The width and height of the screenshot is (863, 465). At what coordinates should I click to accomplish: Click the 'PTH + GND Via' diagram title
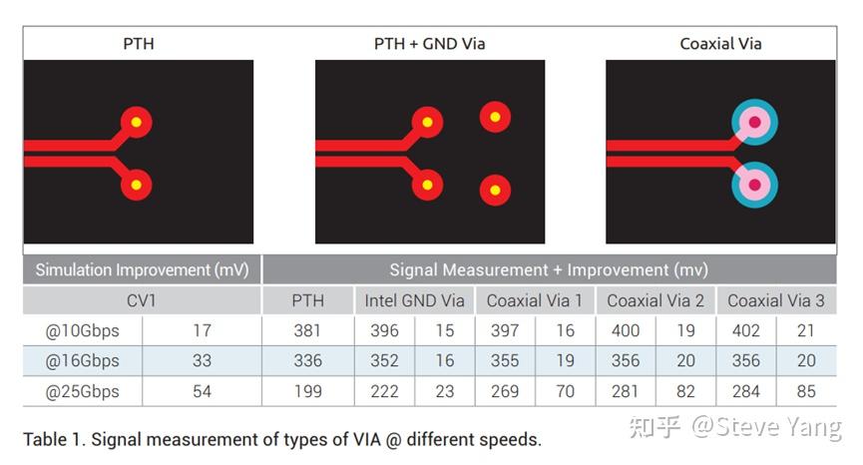coord(429,44)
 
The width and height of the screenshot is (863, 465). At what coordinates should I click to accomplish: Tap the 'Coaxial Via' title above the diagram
coord(720,44)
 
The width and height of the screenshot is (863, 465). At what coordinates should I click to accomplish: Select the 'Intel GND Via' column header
coord(414,300)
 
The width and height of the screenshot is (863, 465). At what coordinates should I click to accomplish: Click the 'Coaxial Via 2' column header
coord(654,300)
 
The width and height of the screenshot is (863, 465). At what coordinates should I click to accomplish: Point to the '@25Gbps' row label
coord(82,391)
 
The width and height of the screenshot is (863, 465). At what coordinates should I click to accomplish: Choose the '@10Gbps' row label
coord(82,330)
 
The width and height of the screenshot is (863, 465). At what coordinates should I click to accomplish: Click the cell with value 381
coord(307,330)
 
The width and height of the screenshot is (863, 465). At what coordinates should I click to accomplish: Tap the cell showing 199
coord(307,391)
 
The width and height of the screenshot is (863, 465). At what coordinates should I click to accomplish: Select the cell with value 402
coord(745,330)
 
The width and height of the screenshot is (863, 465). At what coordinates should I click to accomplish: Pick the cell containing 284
coord(745,391)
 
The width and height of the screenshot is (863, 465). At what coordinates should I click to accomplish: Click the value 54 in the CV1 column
coord(202,391)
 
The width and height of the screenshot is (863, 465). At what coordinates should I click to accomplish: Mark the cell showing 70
coord(566,391)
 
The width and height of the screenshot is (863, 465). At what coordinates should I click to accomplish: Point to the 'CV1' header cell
coord(142,300)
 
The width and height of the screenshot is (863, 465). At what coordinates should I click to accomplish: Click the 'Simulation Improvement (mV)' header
coord(142,269)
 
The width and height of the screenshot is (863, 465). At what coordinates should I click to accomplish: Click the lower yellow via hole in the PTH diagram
coord(137,185)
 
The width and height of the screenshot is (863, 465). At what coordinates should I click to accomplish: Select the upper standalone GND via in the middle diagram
coord(495,117)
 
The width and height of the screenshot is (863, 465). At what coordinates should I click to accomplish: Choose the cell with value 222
coord(384,391)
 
